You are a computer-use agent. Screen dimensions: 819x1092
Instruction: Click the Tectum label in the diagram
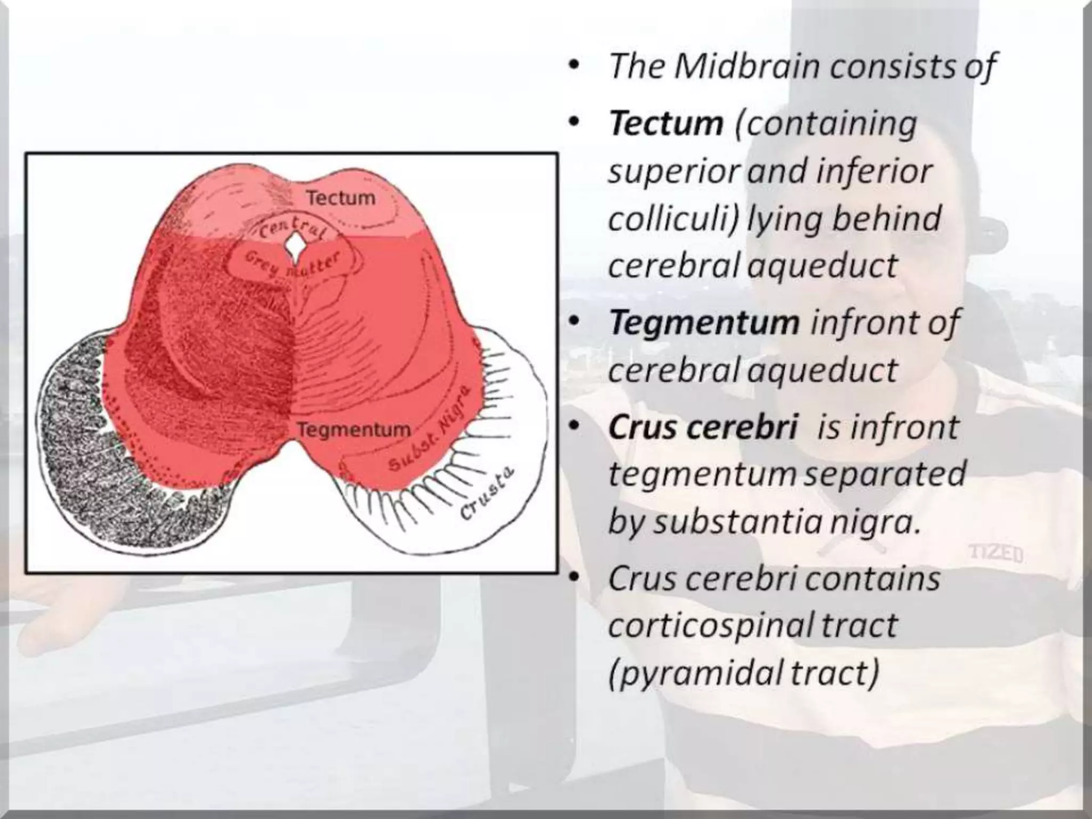341,198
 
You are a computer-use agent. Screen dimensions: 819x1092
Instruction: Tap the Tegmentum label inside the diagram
354,429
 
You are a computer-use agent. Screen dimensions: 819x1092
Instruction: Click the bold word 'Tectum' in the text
667,124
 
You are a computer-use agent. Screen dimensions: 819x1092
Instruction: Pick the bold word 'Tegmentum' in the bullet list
704,323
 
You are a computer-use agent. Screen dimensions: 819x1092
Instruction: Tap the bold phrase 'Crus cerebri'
703,427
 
